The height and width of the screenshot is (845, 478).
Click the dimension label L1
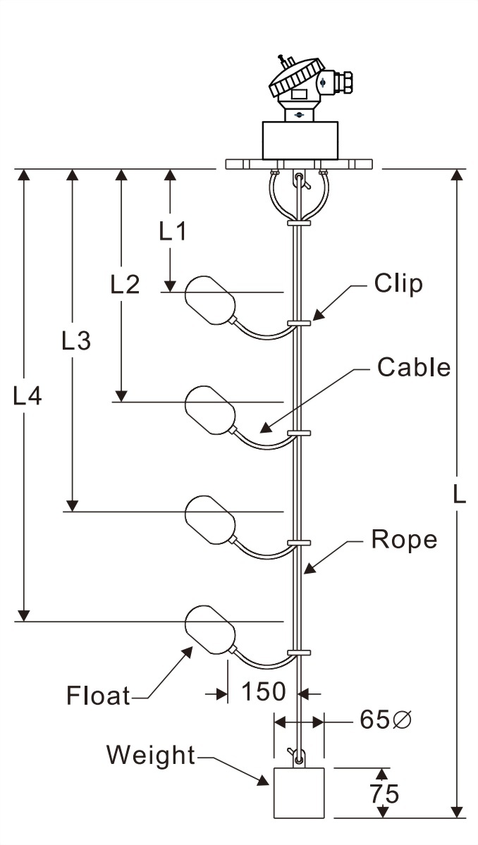pos(172,230)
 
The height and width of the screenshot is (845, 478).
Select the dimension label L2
pos(125,284)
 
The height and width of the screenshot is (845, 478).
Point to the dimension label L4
pos(27,397)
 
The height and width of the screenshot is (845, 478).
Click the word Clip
pos(398,283)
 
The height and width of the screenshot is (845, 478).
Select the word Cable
pos(413,367)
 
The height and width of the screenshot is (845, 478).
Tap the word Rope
pos(404,540)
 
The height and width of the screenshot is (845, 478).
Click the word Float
pos(98,696)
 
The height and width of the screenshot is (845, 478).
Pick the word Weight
pos(150,755)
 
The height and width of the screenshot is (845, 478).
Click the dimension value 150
pos(264,692)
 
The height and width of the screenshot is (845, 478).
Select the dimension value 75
pos(384,794)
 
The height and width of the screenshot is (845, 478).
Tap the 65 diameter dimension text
pos(385,720)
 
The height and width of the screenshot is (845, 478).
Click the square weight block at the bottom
pos(299,793)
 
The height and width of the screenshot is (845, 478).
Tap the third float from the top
pos(209,519)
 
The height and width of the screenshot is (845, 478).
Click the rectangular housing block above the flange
pos(300,140)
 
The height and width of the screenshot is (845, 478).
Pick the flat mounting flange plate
pos(299,164)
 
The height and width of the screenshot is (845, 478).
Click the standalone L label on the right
pos(459,495)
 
